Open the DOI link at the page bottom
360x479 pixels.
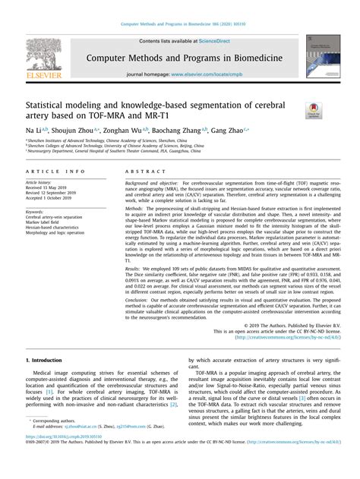[x=66, y=458]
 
